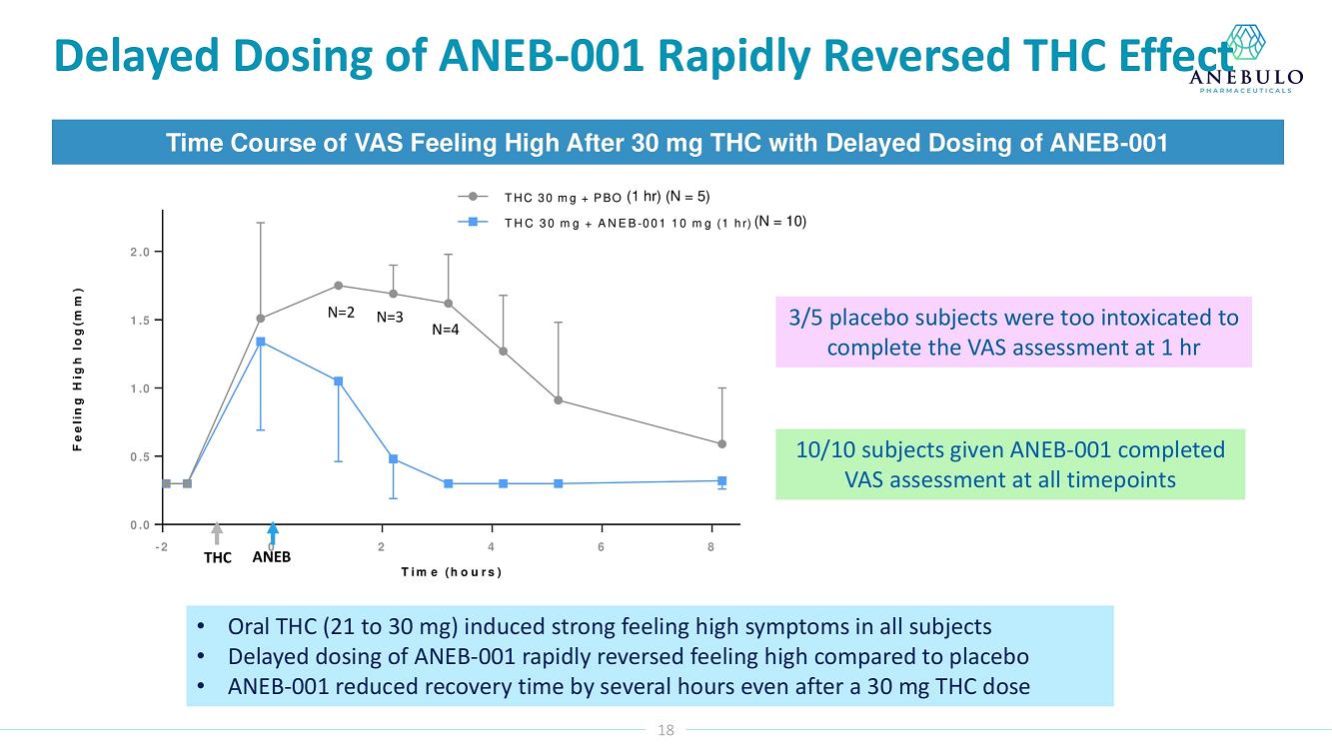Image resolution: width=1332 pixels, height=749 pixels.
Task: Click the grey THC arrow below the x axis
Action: pos(217,534)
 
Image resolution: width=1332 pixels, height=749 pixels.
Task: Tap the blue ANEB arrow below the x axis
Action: pos(272,534)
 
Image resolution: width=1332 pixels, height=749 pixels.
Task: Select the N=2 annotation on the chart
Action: pos(342,312)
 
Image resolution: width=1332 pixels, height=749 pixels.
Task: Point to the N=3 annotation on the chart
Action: pos(390,318)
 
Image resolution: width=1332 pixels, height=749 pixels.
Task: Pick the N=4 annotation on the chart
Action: pos(446,329)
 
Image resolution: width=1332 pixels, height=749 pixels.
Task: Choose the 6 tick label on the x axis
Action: pos(602,546)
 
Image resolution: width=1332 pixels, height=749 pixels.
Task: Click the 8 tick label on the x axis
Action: pos(710,546)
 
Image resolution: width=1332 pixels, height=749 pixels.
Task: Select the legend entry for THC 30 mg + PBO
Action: pos(585,196)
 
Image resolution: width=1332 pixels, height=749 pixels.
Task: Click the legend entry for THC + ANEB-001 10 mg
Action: pos(630,222)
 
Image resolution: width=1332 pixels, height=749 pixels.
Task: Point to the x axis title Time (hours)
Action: pos(451,572)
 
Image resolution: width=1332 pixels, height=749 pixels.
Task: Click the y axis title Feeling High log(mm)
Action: pos(78,369)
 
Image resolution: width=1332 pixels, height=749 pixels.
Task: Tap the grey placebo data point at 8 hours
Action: pos(721,443)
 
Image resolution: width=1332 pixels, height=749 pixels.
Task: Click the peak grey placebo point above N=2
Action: pos(339,286)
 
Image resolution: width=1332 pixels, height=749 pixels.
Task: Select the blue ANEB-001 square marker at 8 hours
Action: pos(721,480)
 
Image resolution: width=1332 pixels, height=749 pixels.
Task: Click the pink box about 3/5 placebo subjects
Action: pos(1013,333)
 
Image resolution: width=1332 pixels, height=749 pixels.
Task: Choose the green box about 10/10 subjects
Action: pos(1010,464)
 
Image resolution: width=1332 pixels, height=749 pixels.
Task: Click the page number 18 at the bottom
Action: pos(666,730)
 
